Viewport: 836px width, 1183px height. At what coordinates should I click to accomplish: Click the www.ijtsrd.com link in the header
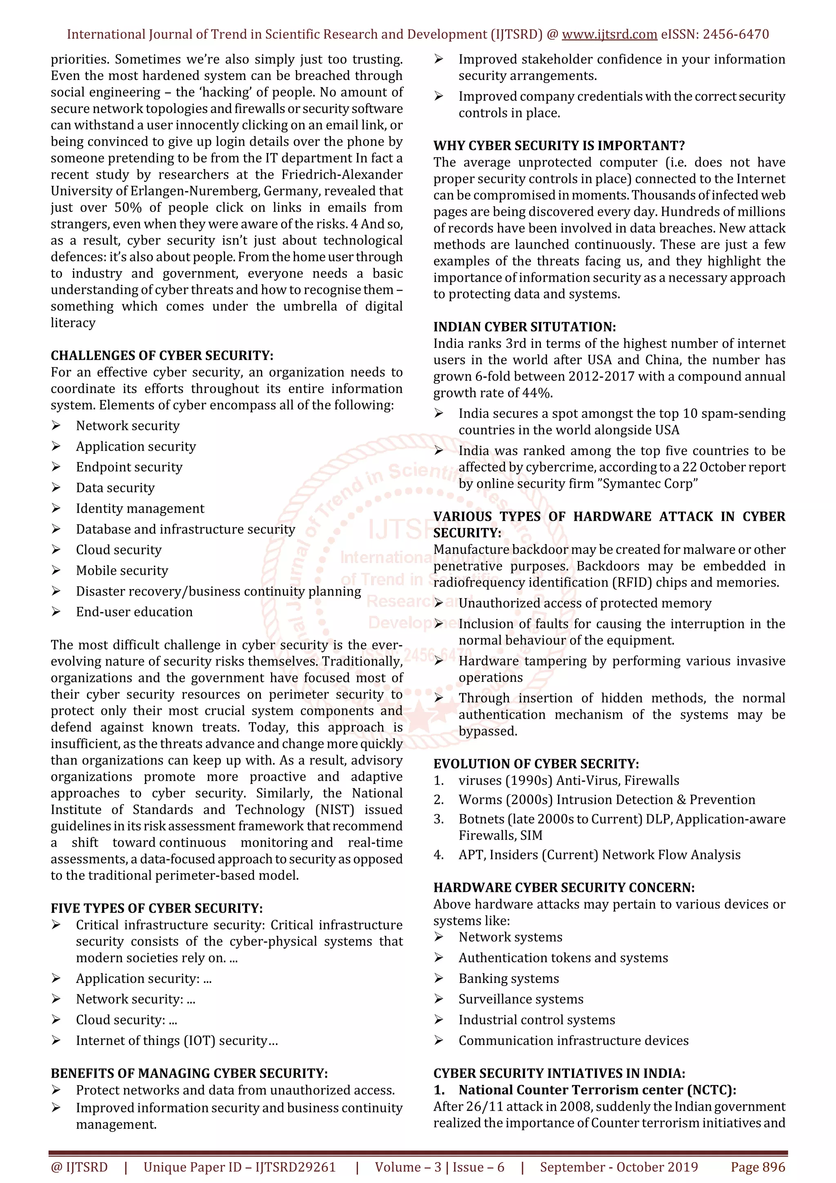pos(609,35)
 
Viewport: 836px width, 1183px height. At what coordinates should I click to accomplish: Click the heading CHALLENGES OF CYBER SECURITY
pos(162,356)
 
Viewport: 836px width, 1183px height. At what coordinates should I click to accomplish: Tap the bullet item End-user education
pos(134,612)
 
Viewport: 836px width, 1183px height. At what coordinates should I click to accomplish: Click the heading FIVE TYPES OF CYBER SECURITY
pos(157,908)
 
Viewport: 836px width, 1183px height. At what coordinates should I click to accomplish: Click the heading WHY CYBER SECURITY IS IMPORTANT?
pos(559,145)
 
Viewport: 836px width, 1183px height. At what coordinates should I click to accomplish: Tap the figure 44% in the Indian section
pos(537,393)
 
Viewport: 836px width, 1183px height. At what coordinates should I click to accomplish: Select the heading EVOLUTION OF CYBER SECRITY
pos(536,764)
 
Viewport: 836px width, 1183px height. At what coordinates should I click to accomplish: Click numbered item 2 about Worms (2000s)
pos(606,800)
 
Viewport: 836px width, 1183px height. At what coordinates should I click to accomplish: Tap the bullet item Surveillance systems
pos(521,999)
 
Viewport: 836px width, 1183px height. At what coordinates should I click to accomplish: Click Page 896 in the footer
pos(758,1167)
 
